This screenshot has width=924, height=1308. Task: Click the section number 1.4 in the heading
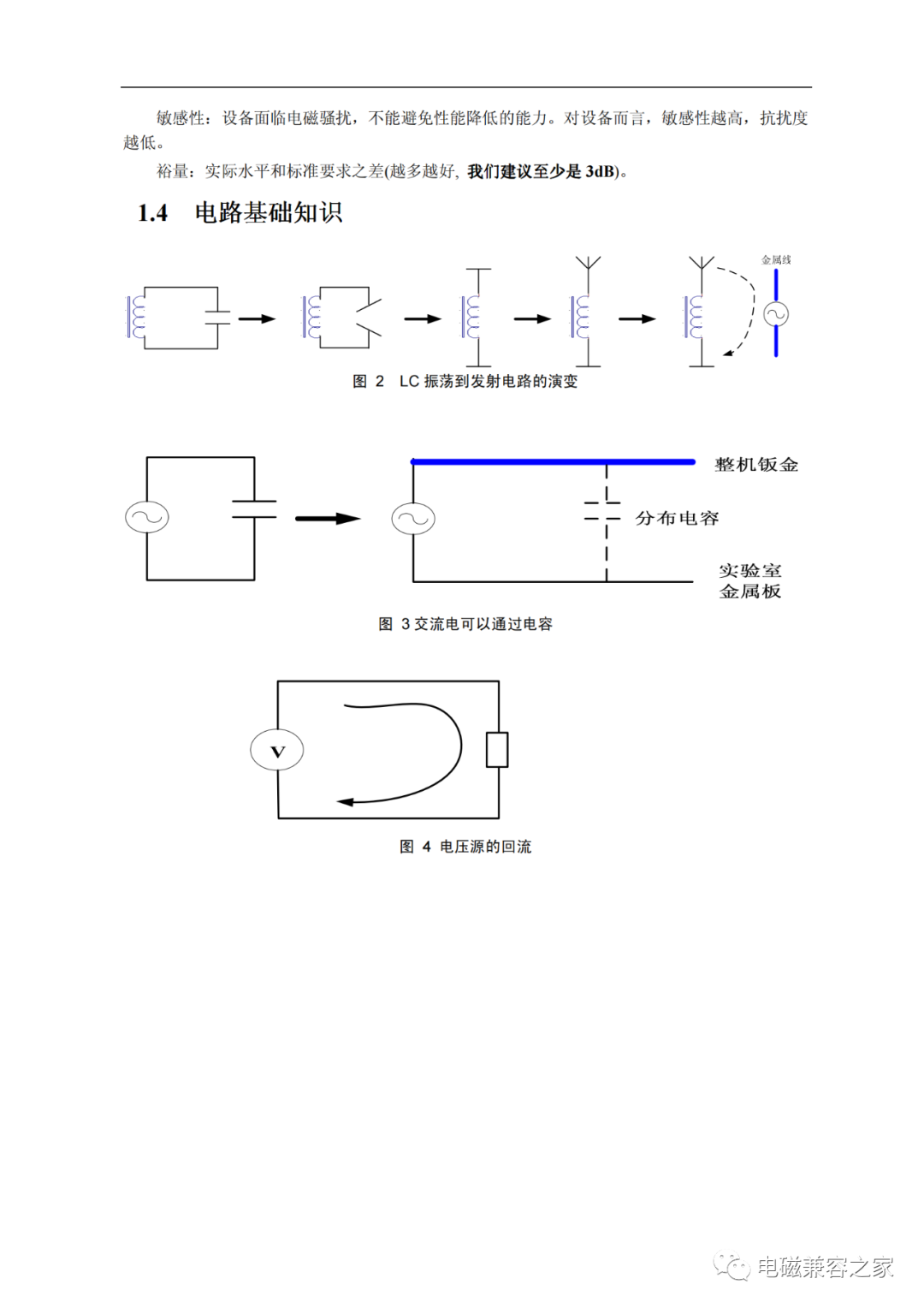[152, 213]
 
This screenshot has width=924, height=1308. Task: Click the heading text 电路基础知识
[269, 212]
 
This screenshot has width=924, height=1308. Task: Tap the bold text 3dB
[600, 171]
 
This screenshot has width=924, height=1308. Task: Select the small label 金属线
[776, 259]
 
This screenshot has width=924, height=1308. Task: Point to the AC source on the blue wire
[776, 315]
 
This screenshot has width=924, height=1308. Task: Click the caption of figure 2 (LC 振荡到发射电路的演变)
[465, 381]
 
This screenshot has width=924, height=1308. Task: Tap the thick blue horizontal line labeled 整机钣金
[553, 462]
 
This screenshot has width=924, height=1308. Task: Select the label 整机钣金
[756, 465]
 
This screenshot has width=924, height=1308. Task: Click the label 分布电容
[677, 518]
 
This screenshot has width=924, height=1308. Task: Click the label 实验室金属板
[750, 580]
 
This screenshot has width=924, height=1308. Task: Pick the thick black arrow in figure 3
[328, 519]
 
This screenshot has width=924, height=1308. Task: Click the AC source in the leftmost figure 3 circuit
[147, 517]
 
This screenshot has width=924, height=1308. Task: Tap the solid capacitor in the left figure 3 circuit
[254, 509]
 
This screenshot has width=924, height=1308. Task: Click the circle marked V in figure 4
[277, 751]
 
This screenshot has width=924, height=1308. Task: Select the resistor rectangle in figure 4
[497, 750]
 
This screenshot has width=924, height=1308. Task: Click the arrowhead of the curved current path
[345, 802]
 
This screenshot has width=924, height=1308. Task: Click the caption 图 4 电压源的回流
[465, 847]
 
